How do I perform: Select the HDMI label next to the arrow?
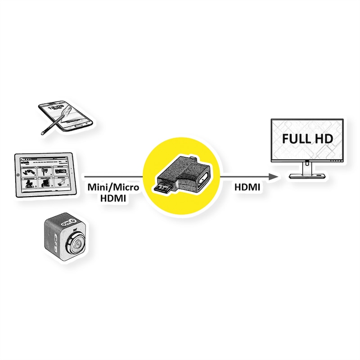(247, 188)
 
